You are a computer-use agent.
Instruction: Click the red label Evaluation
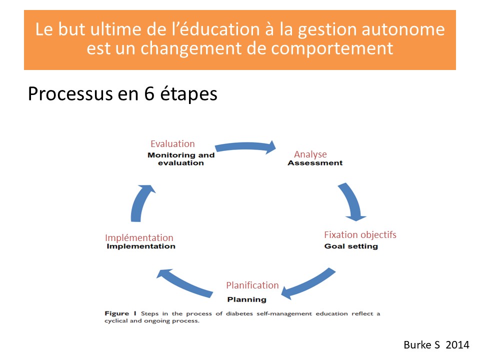(172, 144)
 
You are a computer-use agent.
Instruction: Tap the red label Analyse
(310, 154)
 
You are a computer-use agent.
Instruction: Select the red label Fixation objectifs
(360, 235)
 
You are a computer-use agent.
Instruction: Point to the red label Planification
(252, 285)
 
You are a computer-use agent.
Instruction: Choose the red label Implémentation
(139, 238)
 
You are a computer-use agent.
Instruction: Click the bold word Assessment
(315, 163)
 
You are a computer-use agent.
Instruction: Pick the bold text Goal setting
(351, 246)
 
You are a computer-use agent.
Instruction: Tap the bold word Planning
(246, 299)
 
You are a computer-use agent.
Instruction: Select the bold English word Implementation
(141, 246)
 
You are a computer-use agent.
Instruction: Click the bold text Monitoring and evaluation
(181, 159)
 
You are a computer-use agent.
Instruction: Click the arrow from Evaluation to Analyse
(245, 146)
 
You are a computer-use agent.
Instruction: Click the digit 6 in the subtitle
(149, 93)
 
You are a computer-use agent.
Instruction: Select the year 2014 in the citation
(457, 345)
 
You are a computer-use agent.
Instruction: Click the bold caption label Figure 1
(120, 313)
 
